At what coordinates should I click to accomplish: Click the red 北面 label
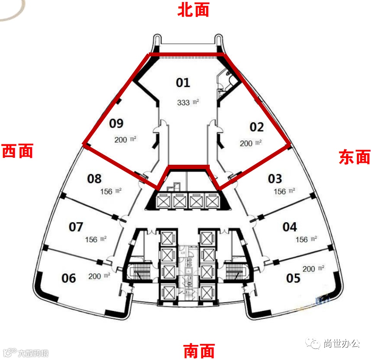tap(193, 10)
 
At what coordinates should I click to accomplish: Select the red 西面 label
tap(18, 151)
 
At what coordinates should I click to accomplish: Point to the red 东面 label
tap(354, 157)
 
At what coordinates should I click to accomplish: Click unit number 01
tap(183, 82)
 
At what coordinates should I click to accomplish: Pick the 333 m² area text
tap(188, 103)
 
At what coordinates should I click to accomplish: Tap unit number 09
tap(116, 123)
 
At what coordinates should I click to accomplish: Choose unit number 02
tap(257, 127)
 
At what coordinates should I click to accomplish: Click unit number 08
tap(94, 179)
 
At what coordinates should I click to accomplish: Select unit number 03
tap(275, 179)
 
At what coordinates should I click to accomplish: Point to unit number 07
tap(76, 227)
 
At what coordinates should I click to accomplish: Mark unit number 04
tap(290, 227)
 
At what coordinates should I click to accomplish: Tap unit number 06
tap(69, 278)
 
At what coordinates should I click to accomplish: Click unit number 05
tap(293, 278)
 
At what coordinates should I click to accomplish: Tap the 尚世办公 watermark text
tap(342, 343)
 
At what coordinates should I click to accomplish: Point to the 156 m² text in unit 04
tap(306, 240)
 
